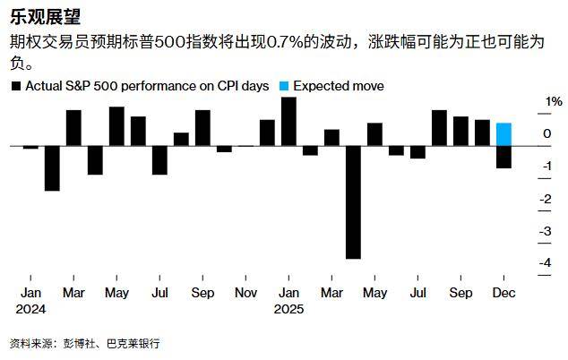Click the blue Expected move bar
(503, 134)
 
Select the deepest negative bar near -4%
(353, 201)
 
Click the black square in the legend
(15, 86)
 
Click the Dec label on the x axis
(503, 293)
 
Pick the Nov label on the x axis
(245, 293)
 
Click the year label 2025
(289, 310)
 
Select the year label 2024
(31, 310)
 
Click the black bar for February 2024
(52, 167)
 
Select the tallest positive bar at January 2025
(288, 121)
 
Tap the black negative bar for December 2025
(503, 157)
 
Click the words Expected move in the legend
(339, 86)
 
